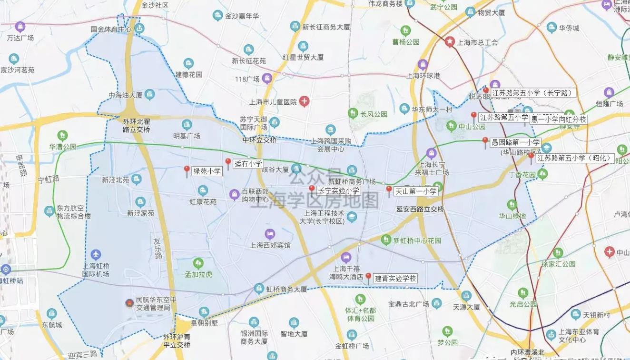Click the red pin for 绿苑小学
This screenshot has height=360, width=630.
click(187, 171)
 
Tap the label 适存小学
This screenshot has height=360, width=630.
click(248, 164)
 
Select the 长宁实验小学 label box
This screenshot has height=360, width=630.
click(338, 190)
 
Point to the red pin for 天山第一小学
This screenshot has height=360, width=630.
click(389, 191)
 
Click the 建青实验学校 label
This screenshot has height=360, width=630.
click(395, 279)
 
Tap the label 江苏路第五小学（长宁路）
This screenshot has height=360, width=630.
click(533, 93)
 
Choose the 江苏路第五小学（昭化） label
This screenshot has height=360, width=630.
click(574, 158)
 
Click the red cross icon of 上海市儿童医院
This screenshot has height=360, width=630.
click(304, 101)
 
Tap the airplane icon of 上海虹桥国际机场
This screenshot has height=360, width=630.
click(96, 255)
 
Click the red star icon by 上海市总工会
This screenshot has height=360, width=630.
click(449, 42)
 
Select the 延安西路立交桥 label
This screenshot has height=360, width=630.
click(420, 209)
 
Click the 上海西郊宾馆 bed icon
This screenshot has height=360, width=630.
click(270, 234)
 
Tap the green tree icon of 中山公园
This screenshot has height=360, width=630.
click(451, 126)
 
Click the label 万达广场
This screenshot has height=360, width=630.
click(20, 38)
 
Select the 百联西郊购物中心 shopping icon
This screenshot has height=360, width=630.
click(234, 194)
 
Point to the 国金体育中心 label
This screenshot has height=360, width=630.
click(111, 29)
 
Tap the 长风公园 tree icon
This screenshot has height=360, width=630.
click(353, 113)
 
